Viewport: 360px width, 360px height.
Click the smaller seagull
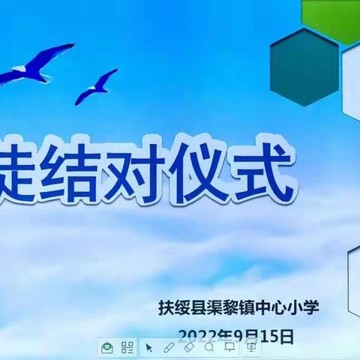click(96, 85)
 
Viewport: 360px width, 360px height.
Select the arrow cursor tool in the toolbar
click(149, 347)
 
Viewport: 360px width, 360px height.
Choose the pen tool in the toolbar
click(169, 347)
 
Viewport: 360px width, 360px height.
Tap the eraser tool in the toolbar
click(189, 347)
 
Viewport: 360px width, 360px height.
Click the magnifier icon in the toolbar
click(209, 347)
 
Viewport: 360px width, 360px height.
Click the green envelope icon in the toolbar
click(108, 347)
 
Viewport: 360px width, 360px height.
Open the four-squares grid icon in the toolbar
click(127, 347)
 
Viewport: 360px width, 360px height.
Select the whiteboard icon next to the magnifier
click(229, 347)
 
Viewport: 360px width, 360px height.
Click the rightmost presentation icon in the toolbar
click(250, 347)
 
